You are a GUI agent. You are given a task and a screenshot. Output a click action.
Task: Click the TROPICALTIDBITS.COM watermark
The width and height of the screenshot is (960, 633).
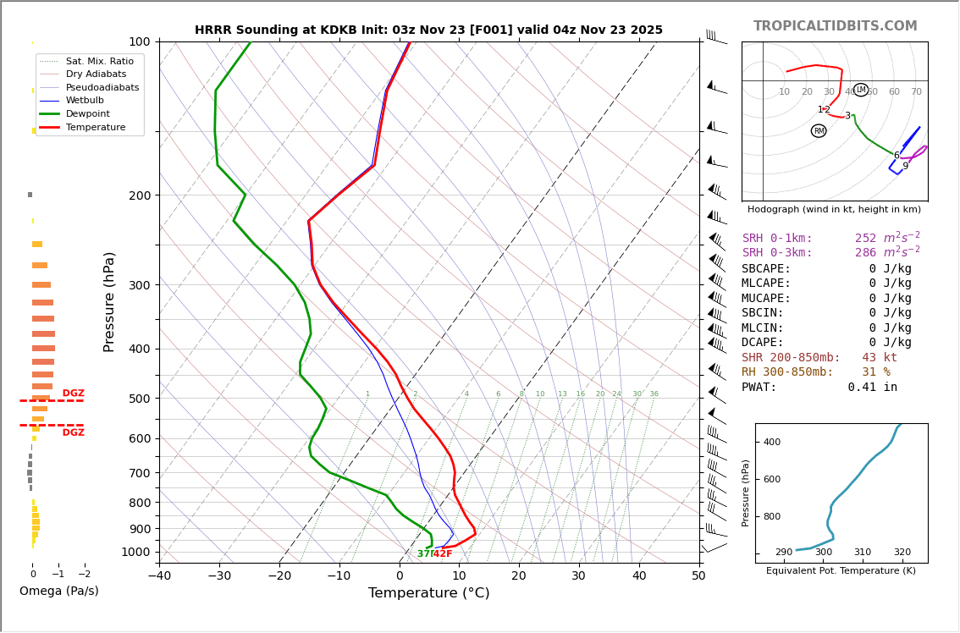[x=835, y=26]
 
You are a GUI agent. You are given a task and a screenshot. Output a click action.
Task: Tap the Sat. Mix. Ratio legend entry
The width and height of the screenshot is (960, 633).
[x=99, y=62]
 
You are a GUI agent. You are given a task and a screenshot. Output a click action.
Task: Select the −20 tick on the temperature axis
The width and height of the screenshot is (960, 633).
[x=279, y=576]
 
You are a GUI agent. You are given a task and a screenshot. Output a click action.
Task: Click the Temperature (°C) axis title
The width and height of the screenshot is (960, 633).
[x=428, y=593]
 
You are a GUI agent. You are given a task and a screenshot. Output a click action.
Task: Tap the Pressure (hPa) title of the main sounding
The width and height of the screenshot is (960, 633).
[x=109, y=301]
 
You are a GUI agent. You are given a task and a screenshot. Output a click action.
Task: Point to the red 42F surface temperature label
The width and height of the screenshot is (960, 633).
[x=443, y=554]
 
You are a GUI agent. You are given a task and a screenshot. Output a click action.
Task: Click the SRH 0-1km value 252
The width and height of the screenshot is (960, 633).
[x=865, y=239]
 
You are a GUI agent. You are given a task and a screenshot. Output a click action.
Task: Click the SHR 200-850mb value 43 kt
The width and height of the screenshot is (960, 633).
[x=879, y=358]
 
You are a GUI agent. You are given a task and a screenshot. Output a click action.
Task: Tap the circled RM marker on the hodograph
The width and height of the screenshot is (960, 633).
[x=819, y=131]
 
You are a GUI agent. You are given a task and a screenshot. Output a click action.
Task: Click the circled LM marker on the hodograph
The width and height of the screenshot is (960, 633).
[x=861, y=90]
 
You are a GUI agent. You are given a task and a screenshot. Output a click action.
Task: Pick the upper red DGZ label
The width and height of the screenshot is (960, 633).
[x=73, y=394]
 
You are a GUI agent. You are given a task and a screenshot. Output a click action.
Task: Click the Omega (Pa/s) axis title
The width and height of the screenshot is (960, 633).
[x=58, y=592]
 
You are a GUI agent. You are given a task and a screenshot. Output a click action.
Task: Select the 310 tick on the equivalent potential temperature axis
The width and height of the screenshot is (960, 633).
[x=862, y=553]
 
